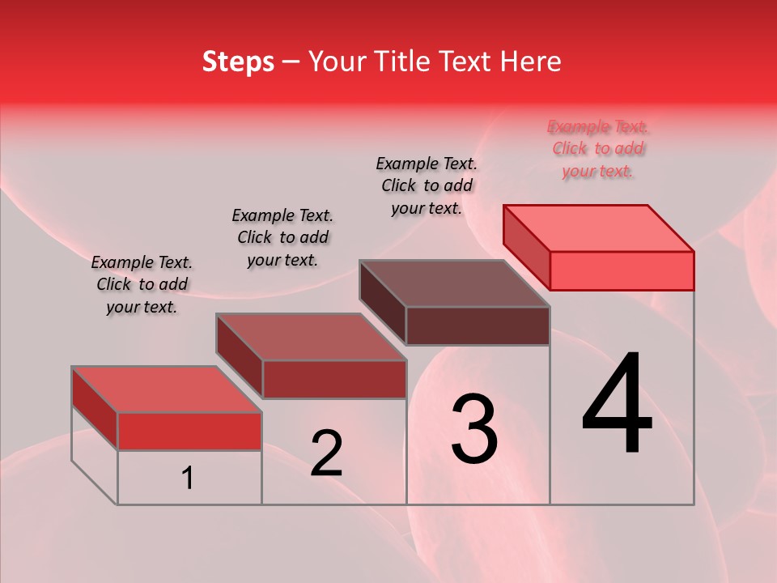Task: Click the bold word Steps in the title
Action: click(x=238, y=62)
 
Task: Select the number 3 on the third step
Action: click(x=474, y=429)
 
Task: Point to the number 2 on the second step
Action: click(x=326, y=454)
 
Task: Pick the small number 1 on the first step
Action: click(x=188, y=479)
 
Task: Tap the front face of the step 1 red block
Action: click(x=189, y=431)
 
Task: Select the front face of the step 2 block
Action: click(x=334, y=379)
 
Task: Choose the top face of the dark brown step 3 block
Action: click(x=455, y=283)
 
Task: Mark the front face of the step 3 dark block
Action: click(x=478, y=326)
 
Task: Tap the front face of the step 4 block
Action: click(x=622, y=270)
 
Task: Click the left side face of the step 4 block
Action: click(x=526, y=247)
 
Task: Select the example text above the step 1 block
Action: click(x=142, y=284)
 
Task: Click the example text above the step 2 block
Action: click(x=282, y=237)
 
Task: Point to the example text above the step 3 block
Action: click(x=427, y=185)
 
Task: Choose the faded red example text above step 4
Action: click(x=598, y=148)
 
